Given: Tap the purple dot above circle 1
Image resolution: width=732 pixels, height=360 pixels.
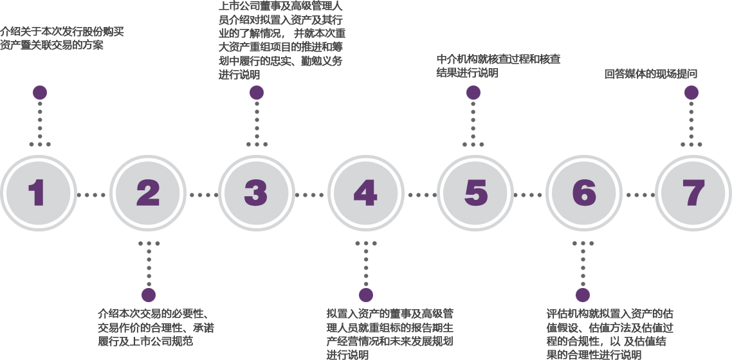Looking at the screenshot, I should point(40,93).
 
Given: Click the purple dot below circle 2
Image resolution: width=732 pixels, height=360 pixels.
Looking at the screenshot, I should point(149,295).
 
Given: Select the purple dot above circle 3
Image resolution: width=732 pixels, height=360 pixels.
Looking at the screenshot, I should point(257,93).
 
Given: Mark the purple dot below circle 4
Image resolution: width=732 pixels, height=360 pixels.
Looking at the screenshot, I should point(366,295).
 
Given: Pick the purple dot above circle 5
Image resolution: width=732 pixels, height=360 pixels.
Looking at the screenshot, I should point(473,93).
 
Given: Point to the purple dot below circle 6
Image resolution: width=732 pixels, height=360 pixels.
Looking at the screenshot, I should point(583,295).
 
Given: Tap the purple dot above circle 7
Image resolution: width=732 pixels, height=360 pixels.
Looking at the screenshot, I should point(691,93).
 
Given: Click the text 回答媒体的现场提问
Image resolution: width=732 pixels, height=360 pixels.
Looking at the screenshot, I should point(651,74).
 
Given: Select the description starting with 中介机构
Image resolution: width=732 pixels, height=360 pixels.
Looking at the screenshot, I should point(498,66).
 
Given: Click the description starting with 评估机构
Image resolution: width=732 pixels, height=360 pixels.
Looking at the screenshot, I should point(609,334).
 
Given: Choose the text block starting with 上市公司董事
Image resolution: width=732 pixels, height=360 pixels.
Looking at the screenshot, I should point(282,40).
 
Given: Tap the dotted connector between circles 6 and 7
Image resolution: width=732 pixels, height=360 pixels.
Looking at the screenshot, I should point(637,194).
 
